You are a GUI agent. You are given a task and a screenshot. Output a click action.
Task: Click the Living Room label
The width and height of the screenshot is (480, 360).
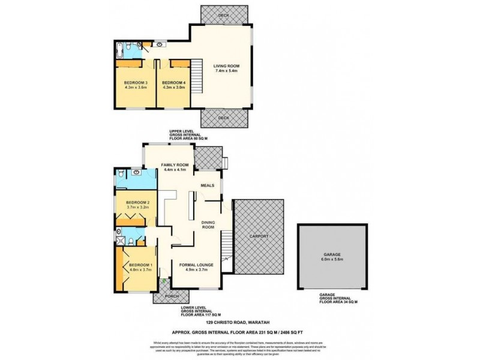(x=226, y=66)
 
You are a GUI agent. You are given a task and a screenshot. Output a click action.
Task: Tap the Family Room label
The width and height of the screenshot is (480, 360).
(x=175, y=164)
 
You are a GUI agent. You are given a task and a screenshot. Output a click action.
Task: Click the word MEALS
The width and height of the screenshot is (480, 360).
(x=208, y=185)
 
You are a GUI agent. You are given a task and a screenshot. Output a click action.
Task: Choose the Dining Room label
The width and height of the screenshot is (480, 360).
(x=208, y=224)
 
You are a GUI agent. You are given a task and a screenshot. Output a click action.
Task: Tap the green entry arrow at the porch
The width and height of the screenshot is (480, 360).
(x=164, y=280)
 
